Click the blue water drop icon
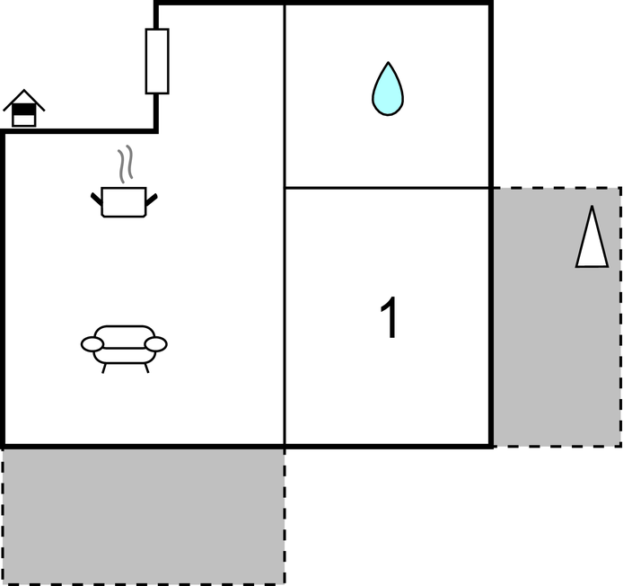pos(388,90)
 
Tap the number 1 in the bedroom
pos(390,317)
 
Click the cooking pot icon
pos(124,202)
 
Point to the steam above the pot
pos(126,164)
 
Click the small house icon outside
pos(23,108)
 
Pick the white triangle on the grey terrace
pos(592,238)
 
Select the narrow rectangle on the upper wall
pos(157,61)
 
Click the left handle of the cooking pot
pos(97,199)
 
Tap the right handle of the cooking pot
pos(152,200)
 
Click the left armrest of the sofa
pos(92,344)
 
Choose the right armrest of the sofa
pos(155,344)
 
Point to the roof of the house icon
pos(23,99)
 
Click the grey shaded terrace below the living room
pos(144,516)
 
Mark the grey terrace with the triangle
pos(557,316)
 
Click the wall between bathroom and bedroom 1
pos(388,188)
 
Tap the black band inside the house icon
pos(24,109)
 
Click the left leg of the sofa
pos(103,368)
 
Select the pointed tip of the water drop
pos(388,63)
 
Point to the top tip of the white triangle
pos(592,207)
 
